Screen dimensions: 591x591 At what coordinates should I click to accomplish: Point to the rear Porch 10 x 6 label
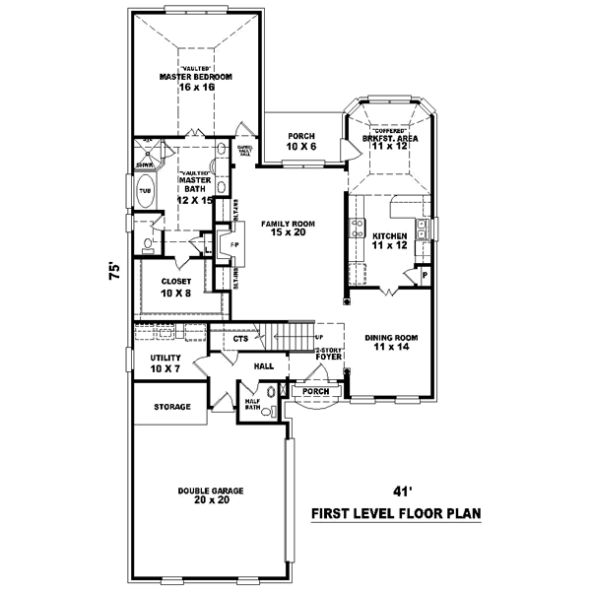click(300, 141)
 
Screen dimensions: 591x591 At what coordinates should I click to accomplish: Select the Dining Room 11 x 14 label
click(392, 342)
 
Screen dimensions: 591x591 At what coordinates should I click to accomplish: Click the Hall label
click(264, 364)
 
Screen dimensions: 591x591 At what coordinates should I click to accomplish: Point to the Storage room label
click(170, 406)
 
